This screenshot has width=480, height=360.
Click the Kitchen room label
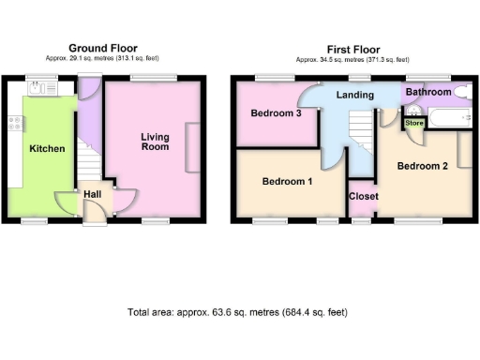click(46, 148)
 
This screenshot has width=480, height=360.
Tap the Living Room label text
click(155, 142)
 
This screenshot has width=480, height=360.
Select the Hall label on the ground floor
click(93, 194)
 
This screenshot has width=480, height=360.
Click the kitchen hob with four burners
click(15, 121)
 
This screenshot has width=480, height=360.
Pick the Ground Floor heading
click(103, 48)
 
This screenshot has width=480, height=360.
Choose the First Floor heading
click(352, 48)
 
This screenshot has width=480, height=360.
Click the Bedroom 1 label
click(287, 181)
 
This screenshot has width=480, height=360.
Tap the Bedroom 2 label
click(422, 166)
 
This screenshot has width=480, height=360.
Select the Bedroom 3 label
click(276, 113)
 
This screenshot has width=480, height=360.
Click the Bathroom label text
click(427, 93)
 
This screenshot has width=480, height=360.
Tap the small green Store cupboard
click(413, 121)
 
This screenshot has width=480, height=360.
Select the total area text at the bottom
click(244, 312)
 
